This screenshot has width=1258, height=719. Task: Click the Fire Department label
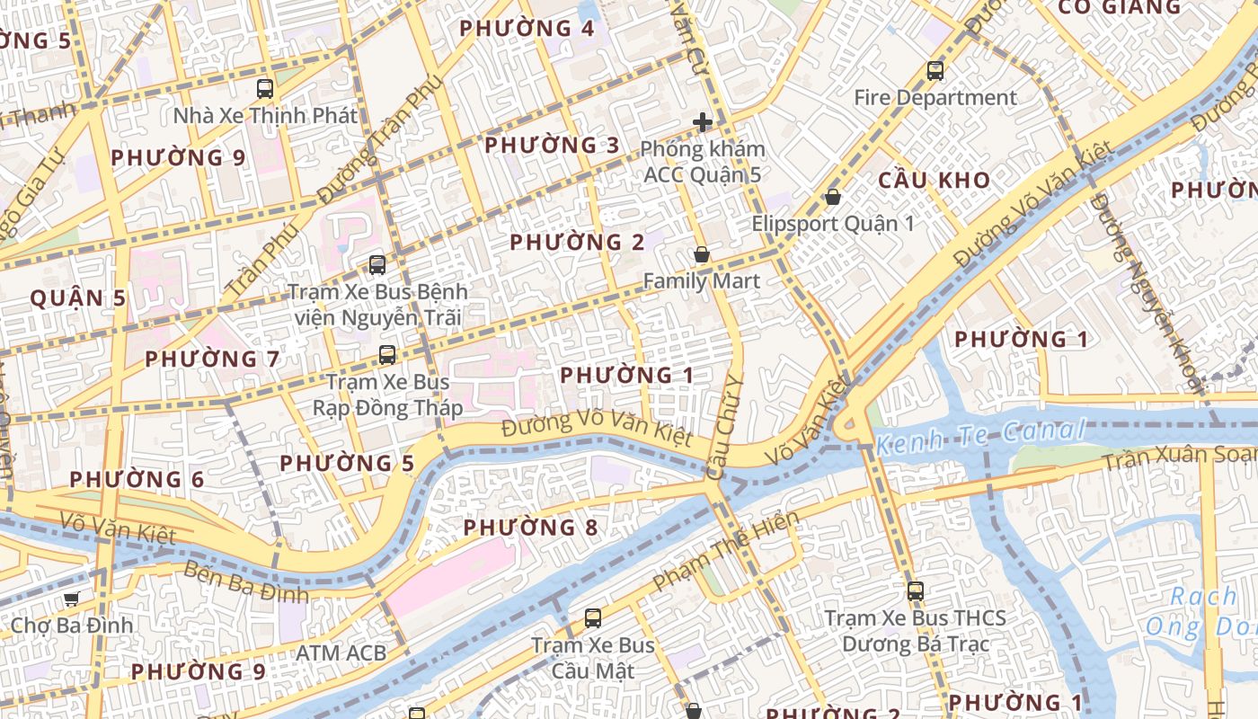pyautogui.click(x=935, y=97)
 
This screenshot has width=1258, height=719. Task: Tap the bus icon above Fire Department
pyautogui.click(x=935, y=70)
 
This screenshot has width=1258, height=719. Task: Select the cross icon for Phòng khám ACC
pyautogui.click(x=703, y=122)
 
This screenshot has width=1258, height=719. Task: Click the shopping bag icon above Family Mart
pyautogui.click(x=702, y=255)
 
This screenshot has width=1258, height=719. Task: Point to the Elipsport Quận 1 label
pyautogui.click(x=833, y=223)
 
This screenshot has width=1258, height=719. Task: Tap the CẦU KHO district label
pyautogui.click(x=934, y=180)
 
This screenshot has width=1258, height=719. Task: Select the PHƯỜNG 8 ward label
pyautogui.click(x=530, y=528)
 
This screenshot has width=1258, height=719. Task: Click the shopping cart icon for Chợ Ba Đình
pyautogui.click(x=71, y=599)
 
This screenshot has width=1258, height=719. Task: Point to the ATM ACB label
pyautogui.click(x=341, y=652)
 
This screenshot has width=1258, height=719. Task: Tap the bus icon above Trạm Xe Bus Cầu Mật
pyautogui.click(x=592, y=618)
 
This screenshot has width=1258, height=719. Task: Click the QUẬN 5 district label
pyautogui.click(x=77, y=298)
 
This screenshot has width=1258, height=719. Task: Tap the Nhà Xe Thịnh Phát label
pyautogui.click(x=265, y=115)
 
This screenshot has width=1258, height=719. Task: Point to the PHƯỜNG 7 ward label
pyautogui.click(x=212, y=359)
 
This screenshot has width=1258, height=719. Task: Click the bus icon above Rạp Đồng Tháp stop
pyautogui.click(x=387, y=355)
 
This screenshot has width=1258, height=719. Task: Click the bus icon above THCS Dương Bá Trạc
pyautogui.click(x=915, y=591)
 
